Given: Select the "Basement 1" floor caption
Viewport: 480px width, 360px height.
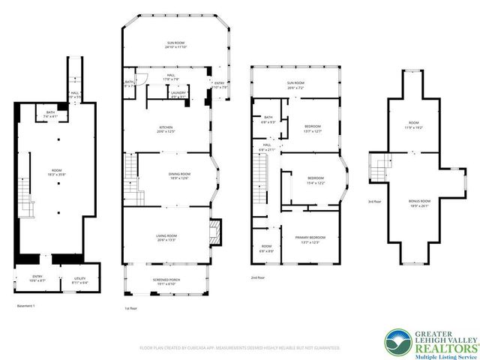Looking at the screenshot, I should click(x=27, y=306).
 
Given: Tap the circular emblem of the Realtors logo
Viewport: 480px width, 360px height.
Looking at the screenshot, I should click(x=394, y=340).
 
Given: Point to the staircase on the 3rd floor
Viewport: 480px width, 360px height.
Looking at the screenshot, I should click(x=380, y=165).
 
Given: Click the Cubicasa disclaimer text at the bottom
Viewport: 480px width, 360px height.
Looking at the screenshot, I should click(x=240, y=348).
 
